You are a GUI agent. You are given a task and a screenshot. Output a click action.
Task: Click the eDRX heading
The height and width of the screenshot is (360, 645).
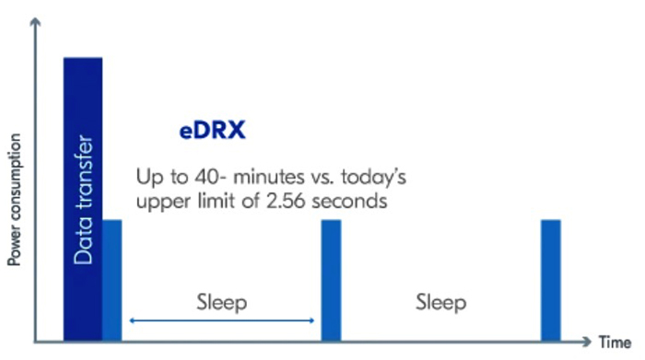click(x=212, y=132)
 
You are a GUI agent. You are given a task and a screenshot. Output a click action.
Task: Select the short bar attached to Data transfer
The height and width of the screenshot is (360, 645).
click(x=111, y=281)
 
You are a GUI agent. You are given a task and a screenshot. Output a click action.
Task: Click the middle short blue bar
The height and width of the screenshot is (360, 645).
click(x=331, y=281)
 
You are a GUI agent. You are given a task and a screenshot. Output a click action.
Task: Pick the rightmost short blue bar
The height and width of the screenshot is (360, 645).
click(x=551, y=281)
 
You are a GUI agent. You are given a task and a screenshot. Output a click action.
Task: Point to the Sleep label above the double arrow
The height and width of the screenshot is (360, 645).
click(x=222, y=302)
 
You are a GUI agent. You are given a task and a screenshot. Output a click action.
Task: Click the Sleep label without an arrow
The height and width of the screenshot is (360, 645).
click(x=440, y=302)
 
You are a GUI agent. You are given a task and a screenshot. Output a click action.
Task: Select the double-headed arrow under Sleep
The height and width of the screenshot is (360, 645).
click(x=222, y=320)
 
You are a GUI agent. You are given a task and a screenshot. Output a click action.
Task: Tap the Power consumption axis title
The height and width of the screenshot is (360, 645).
click(x=15, y=200)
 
